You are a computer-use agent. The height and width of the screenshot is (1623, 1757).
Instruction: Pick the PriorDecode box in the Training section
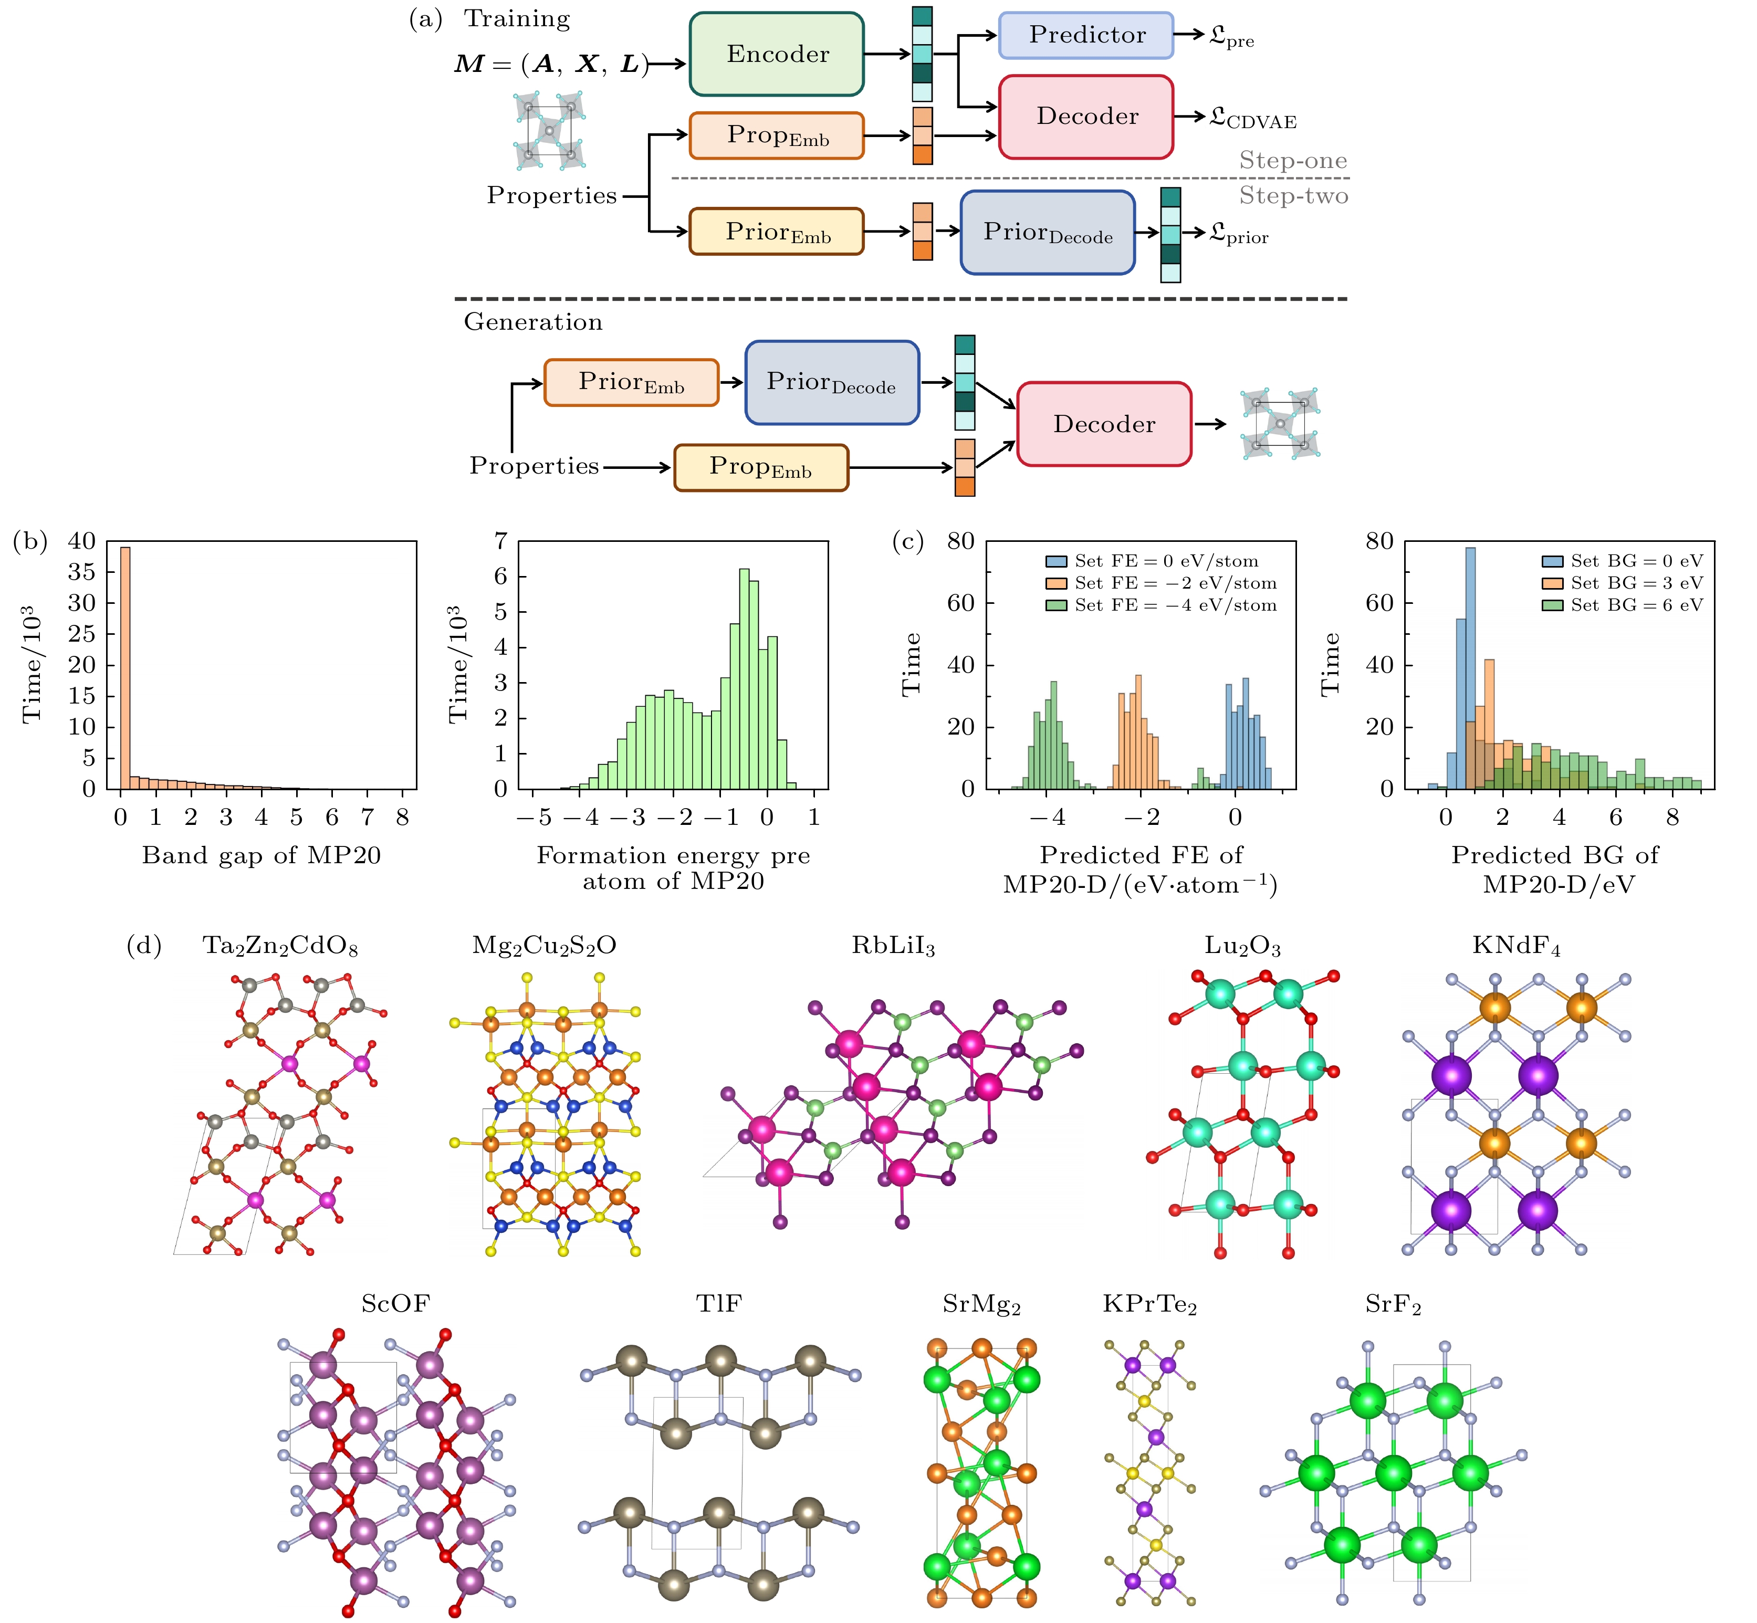(1047, 233)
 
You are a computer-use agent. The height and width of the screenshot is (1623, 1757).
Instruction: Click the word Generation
(534, 322)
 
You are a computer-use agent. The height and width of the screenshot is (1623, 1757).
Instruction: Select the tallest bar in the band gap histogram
(125, 667)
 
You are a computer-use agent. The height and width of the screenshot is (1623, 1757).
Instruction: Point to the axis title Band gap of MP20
(262, 855)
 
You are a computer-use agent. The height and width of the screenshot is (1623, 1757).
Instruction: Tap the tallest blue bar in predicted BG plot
(1470, 667)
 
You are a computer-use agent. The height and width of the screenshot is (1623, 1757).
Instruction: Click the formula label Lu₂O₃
(1242, 946)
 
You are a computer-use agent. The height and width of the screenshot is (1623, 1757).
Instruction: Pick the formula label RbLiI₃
(893, 946)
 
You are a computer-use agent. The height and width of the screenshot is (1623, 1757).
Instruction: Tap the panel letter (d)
(144, 946)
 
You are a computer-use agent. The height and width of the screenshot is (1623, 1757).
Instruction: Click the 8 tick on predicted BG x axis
(1672, 818)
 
